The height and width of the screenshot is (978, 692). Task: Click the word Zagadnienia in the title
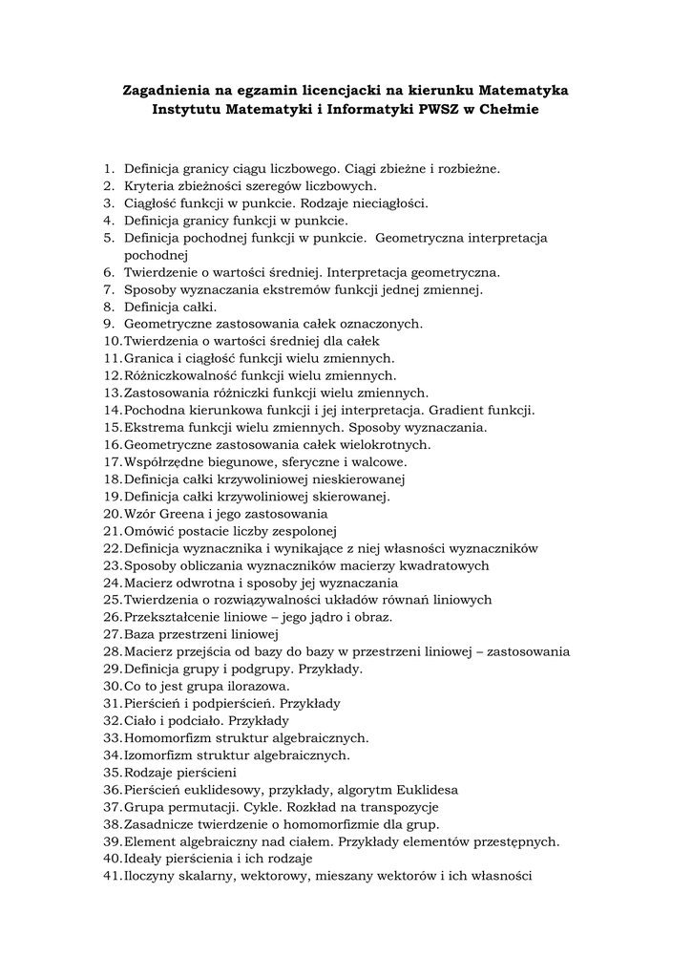click(x=167, y=91)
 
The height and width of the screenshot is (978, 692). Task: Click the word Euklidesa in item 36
click(x=427, y=790)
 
